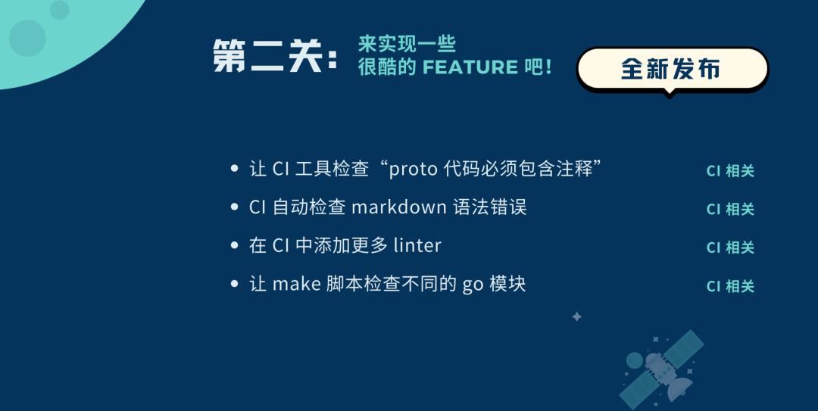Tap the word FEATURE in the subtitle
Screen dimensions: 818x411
coord(470,67)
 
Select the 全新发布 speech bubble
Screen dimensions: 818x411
coord(673,70)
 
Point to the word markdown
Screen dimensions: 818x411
coord(399,207)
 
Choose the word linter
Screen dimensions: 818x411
coord(417,245)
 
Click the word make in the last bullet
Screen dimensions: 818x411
coord(296,284)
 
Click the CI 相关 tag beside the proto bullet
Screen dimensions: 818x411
coord(730,171)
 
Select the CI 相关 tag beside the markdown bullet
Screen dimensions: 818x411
coord(730,209)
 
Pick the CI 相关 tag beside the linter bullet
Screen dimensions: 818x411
coord(730,248)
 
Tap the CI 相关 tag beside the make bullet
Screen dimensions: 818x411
coord(730,286)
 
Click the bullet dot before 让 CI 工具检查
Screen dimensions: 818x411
coord(234,169)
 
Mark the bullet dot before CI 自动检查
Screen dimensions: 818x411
coord(234,207)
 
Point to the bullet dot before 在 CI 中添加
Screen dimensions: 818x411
coord(234,245)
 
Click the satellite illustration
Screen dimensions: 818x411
coord(661,370)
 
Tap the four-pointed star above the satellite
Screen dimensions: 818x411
coord(576,316)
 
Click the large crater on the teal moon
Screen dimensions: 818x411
coord(27,38)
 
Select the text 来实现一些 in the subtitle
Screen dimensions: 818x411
coord(407,45)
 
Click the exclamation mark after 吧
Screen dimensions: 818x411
coord(548,67)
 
